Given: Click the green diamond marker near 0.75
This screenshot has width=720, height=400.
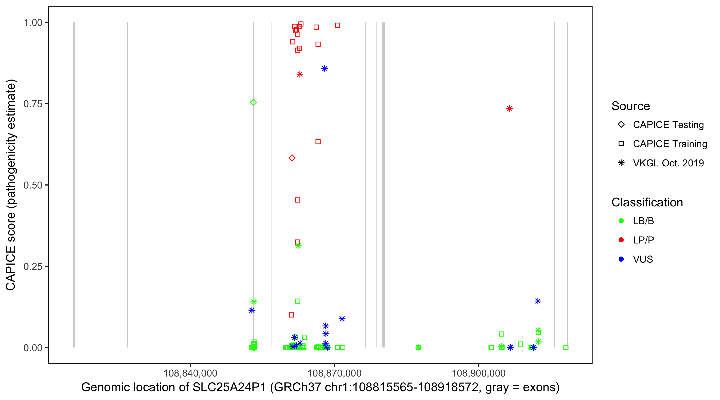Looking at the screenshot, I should tap(253, 102).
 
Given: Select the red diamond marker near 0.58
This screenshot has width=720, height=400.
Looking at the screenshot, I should tap(292, 158).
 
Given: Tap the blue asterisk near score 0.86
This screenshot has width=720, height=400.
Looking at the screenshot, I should tap(325, 69).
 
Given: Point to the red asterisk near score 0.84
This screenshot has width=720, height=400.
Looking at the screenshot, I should tap(300, 74).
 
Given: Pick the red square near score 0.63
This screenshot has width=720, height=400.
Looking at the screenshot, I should tap(318, 142).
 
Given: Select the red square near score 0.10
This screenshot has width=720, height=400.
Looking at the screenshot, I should tap(291, 315).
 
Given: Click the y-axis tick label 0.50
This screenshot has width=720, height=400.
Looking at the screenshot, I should tap(33, 185).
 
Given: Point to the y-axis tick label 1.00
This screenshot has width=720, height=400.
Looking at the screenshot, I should tap(33, 22).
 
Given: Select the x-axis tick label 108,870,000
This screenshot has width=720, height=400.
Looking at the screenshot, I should tap(335, 373).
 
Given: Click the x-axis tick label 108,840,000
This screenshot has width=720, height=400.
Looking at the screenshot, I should tap(190, 373).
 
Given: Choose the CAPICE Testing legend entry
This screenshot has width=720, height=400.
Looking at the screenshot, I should tap(668, 125).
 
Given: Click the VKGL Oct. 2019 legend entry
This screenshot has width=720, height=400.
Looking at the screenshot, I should tap(668, 163).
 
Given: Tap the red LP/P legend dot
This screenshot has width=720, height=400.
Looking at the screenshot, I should tap(621, 240).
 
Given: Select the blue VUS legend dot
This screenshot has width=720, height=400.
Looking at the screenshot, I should tap(621, 259).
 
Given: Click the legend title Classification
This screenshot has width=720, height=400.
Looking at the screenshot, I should tap(647, 202).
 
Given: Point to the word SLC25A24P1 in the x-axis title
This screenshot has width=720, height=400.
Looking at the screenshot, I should tap(229, 387).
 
